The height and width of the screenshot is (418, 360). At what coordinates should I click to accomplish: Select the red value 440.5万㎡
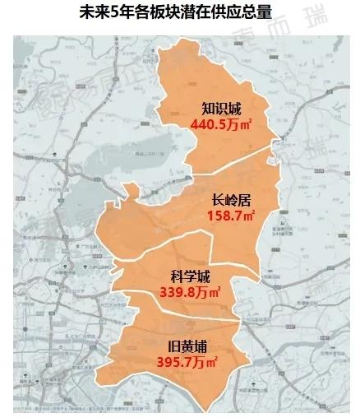coord(220,124)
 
